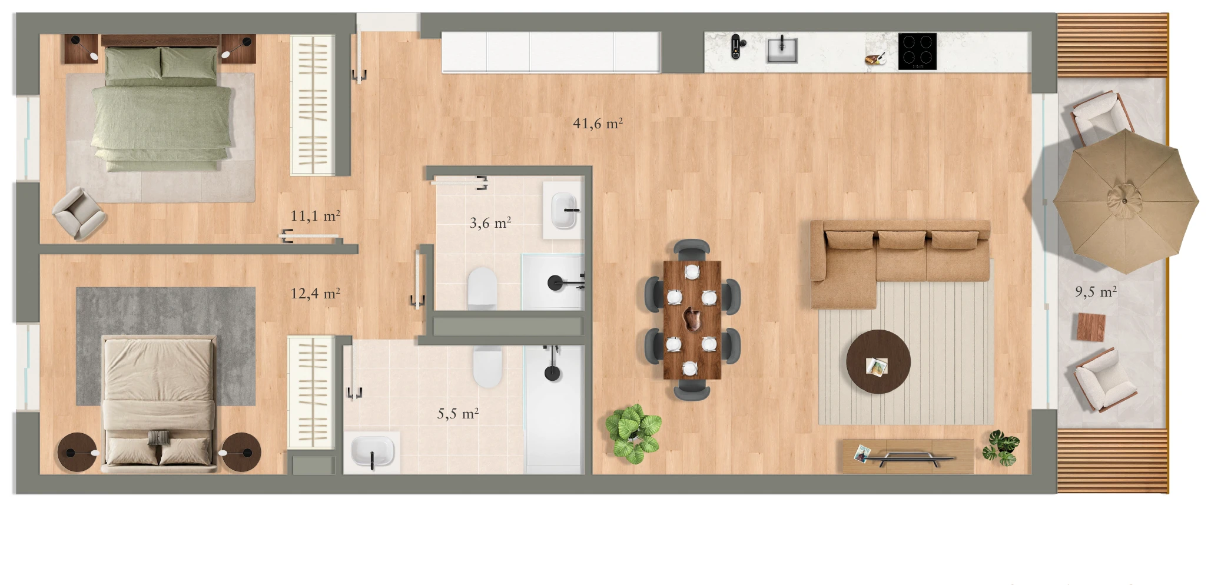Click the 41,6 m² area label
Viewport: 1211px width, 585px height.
598,123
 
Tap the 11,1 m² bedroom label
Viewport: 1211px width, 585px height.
315,216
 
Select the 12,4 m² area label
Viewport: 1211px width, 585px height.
315,293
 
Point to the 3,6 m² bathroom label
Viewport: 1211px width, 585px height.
490,223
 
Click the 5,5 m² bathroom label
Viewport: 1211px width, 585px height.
458,414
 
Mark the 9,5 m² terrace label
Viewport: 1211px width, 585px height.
1096,292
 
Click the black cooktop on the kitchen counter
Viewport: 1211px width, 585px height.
917,51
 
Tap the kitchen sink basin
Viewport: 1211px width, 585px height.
782,50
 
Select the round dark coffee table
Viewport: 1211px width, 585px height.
878,361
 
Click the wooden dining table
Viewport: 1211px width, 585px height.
692,320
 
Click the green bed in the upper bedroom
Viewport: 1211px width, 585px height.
161,109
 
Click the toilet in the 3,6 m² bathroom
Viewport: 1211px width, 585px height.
482,288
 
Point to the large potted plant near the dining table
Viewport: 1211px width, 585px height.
633,433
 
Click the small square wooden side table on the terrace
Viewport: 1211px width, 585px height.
1091,327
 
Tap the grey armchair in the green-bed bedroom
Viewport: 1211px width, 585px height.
79,213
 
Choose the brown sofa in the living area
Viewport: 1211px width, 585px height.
900,262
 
